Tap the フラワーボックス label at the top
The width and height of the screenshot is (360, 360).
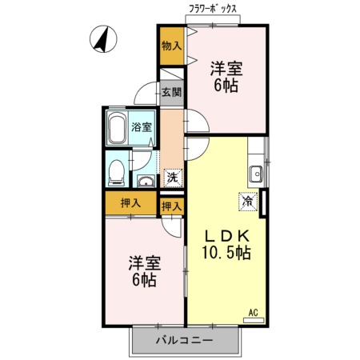[x=213, y=9]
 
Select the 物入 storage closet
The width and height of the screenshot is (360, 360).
[x=172, y=46]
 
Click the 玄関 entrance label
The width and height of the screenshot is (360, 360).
[x=172, y=92]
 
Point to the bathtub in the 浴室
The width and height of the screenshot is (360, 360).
[x=118, y=128]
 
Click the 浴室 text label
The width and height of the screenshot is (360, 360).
[x=142, y=127]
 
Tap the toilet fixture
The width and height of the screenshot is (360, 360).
[x=117, y=173]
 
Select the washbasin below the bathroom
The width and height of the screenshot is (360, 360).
[x=146, y=182]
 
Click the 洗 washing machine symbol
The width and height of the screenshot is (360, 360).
[x=173, y=178]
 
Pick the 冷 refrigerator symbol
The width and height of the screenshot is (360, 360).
[x=248, y=202]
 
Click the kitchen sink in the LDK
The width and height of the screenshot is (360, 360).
[x=256, y=174]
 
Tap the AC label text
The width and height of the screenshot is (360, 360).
[x=254, y=312]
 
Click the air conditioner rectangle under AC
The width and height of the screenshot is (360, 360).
[x=254, y=320]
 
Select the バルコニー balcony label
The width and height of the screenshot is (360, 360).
[x=185, y=340]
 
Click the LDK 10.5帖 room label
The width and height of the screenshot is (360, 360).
[x=226, y=244]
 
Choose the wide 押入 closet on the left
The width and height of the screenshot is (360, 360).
[x=130, y=203]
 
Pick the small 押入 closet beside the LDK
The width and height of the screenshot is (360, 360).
[x=172, y=206]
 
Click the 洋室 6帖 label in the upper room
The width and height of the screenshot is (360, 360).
[x=226, y=77]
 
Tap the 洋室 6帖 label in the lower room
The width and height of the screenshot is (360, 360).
[x=145, y=271]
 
